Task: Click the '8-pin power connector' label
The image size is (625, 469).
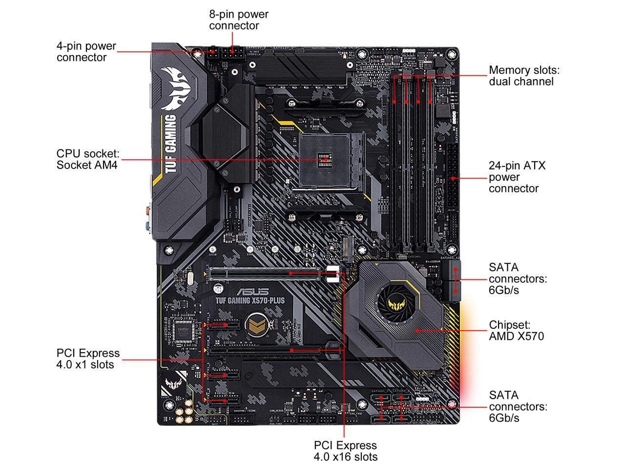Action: click(x=238, y=20)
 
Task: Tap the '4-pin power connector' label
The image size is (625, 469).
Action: click(x=86, y=52)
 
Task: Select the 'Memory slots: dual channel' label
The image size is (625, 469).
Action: click(x=524, y=76)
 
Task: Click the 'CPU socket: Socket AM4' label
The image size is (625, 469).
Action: click(x=87, y=159)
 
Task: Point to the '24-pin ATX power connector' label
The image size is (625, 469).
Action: click(x=517, y=177)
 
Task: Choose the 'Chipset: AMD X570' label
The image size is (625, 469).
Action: click(x=516, y=331)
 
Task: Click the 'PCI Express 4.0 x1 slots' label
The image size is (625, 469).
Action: click(x=88, y=359)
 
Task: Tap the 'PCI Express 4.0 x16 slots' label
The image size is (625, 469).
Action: click(x=345, y=451)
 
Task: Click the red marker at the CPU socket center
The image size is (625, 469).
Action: click(x=323, y=159)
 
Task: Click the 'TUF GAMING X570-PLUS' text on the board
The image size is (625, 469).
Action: click(x=250, y=300)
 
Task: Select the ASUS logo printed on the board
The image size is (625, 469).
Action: click(x=253, y=292)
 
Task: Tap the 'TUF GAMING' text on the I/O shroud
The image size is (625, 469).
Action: click(x=170, y=144)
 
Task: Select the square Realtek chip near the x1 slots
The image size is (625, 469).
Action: click(x=184, y=331)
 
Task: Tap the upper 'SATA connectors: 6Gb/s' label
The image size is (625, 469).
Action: click(x=518, y=278)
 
